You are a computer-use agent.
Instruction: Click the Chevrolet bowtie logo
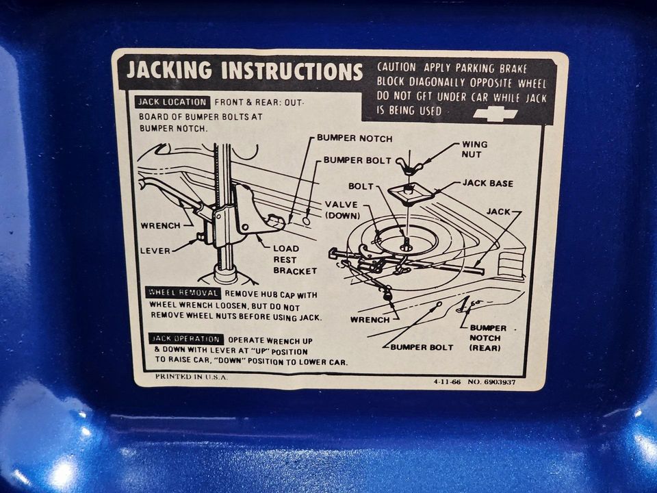pyautogui.click(x=495, y=114)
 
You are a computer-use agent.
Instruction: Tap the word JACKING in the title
pyautogui.click(x=169, y=70)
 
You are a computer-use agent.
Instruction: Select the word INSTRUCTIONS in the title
pyautogui.click(x=292, y=71)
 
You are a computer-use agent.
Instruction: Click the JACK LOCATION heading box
pyautogui.click(x=172, y=102)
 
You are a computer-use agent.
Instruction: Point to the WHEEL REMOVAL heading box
pyautogui.click(x=183, y=292)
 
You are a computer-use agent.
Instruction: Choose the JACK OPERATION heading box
pyautogui.click(x=186, y=339)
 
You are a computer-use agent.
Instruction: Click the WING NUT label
pyautogui.click(x=475, y=149)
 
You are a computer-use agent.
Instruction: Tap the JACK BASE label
pyautogui.click(x=488, y=184)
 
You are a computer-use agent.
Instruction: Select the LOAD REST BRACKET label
pyautogui.click(x=295, y=260)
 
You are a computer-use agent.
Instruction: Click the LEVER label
pyautogui.click(x=155, y=251)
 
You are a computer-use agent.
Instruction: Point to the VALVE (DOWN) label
pyautogui.click(x=342, y=210)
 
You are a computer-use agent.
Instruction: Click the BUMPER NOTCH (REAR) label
pyautogui.click(x=487, y=338)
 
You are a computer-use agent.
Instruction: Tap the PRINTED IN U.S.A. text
pyautogui.click(x=191, y=377)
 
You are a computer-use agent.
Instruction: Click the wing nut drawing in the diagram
pyautogui.click(x=407, y=166)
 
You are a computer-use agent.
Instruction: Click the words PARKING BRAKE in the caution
pyautogui.click(x=491, y=68)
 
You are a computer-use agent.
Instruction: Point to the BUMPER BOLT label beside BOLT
pyautogui.click(x=357, y=160)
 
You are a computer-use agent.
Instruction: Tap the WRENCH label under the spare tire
pyautogui.click(x=370, y=320)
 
